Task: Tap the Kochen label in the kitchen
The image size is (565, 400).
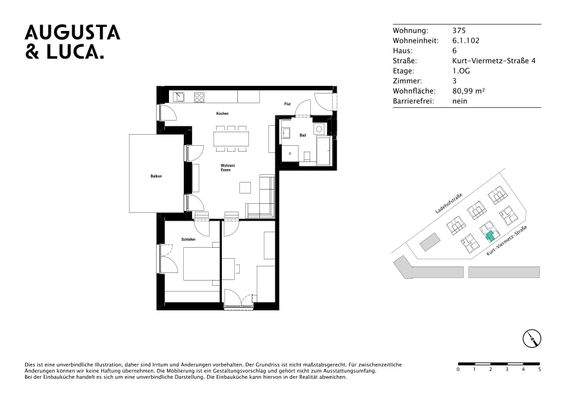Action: [223, 113]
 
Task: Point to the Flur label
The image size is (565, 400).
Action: [287, 104]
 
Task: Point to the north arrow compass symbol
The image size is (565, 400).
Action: [527, 338]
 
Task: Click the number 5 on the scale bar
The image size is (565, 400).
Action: [539, 370]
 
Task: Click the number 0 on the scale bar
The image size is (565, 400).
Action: [458, 370]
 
